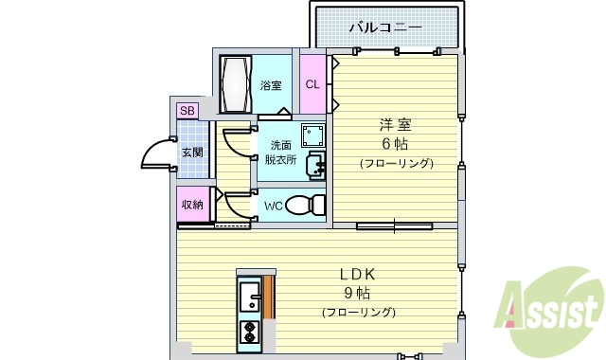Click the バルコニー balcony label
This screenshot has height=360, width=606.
[x=384, y=27]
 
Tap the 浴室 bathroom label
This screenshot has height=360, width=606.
[x=272, y=86]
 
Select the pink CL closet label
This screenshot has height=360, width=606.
[x=312, y=84]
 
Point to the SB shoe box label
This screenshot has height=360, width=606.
[x=187, y=111]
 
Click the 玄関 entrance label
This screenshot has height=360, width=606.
[x=192, y=152]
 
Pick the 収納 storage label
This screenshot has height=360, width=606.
[x=192, y=204]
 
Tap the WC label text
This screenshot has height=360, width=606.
[x=273, y=206]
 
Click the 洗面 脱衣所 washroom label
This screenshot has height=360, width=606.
[x=281, y=153]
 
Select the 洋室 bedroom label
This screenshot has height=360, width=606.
[x=396, y=124]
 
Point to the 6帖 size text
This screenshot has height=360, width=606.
[x=396, y=144]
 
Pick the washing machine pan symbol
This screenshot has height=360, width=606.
[x=312, y=134]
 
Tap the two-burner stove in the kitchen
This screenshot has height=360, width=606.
[x=250, y=333]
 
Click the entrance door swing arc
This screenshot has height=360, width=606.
[x=153, y=153]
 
